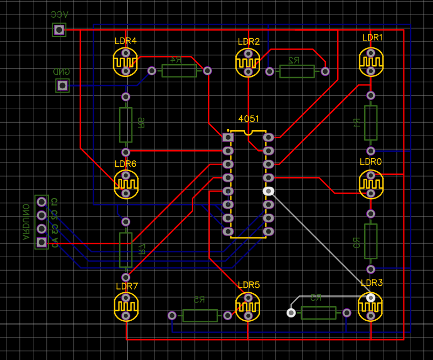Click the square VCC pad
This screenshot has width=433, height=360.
click(59, 30)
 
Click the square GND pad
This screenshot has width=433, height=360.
click(62, 85)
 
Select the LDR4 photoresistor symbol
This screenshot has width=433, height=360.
click(125, 62)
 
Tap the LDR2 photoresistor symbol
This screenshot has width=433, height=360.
click(248, 62)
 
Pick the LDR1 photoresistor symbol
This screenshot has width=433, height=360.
click(371, 62)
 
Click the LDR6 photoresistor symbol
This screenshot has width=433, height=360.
click(125, 184)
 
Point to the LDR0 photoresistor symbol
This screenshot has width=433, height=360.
click(371, 183)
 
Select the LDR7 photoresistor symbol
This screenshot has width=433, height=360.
click(125, 306)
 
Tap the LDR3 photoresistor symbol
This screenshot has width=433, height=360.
click(371, 306)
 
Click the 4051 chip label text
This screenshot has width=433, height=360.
click(249, 118)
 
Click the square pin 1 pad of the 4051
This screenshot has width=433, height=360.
click(228, 137)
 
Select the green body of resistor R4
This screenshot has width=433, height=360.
click(179, 70)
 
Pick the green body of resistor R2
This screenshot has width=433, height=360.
click(297, 71)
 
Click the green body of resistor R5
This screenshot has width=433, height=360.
click(199, 315)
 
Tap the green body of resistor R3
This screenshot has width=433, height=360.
click(318, 313)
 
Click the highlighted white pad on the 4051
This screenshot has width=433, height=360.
click(268, 191)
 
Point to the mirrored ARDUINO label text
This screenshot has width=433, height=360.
click(25, 222)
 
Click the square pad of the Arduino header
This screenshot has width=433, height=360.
click(41, 243)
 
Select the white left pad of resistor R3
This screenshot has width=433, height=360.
click(291, 313)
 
